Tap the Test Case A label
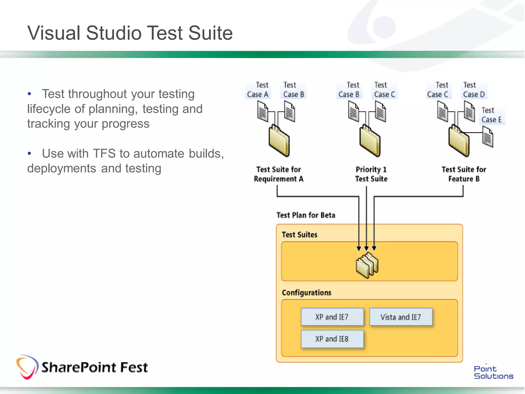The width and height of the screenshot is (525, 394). (258, 90)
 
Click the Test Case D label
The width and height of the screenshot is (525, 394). (474, 90)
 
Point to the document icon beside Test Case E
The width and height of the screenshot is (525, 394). (488, 138)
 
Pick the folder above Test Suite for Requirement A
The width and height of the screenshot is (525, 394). (279, 141)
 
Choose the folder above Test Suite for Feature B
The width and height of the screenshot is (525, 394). (459, 141)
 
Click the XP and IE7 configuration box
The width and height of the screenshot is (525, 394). (332, 317)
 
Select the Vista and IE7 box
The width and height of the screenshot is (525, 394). (401, 317)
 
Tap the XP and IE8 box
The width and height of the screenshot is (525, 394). (332, 339)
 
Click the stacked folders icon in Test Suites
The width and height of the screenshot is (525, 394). (367, 265)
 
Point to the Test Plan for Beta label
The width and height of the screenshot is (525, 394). (306, 215)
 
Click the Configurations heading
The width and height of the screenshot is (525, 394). (306, 293)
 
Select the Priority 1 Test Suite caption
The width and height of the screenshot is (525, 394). (371, 174)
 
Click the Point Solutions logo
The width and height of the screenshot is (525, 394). (493, 372)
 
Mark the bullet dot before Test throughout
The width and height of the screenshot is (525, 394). (29, 94)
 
